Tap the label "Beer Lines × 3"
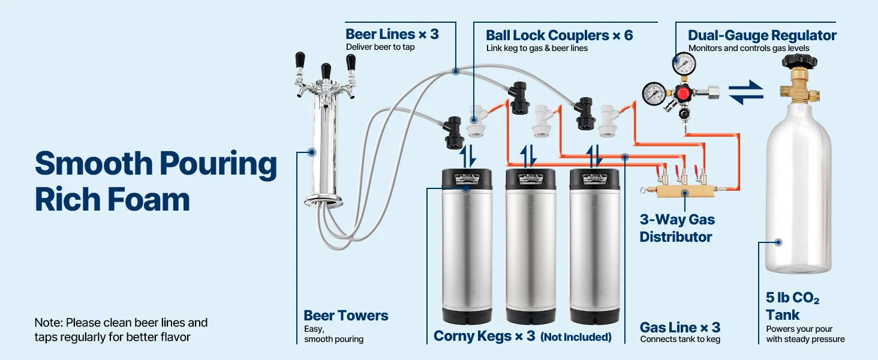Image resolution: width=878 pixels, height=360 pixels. pyautogui.click(x=392, y=34)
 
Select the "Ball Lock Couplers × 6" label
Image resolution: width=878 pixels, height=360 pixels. pyautogui.click(x=559, y=35)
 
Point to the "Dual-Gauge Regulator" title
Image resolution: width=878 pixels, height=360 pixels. pyautogui.click(x=762, y=35)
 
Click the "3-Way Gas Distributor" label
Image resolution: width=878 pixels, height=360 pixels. pyautogui.click(x=677, y=228)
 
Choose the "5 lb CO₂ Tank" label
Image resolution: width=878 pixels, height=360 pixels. pyautogui.click(x=792, y=306)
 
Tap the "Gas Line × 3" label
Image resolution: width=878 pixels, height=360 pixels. pyautogui.click(x=679, y=328)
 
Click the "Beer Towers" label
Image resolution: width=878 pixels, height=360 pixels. pyautogui.click(x=346, y=316)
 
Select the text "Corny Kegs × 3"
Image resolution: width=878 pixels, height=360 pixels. pyautogui.click(x=484, y=336)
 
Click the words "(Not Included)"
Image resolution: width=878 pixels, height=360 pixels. pyautogui.click(x=576, y=337)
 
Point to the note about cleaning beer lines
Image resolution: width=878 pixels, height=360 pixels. pyautogui.click(x=121, y=330)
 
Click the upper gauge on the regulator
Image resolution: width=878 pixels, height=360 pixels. pyautogui.click(x=684, y=62)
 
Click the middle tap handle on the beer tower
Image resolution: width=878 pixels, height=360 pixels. pyautogui.click(x=326, y=71)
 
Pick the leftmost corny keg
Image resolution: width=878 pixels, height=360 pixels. pyautogui.click(x=467, y=246)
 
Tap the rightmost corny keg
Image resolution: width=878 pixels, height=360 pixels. pyautogui.click(x=594, y=246)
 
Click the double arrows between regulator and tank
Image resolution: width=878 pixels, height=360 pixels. pyautogui.click(x=746, y=92)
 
